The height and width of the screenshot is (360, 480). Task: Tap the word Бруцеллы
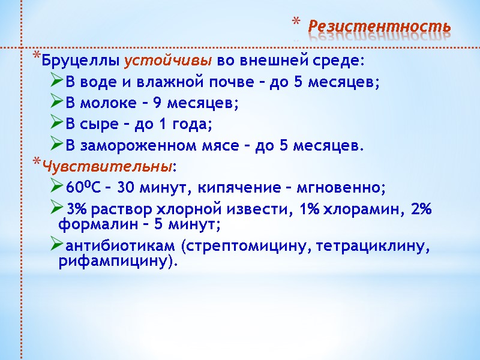81,61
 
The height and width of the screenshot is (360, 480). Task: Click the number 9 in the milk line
157,103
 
